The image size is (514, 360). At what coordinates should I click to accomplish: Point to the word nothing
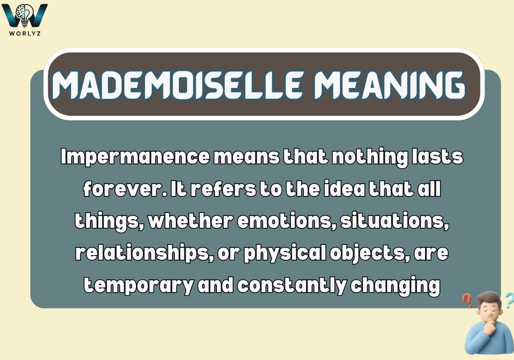pyautogui.click(x=370, y=157)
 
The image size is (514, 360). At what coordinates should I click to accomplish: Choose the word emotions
pyautogui.click(x=277, y=221)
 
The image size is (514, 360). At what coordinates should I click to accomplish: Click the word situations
pyautogui.click(x=392, y=221)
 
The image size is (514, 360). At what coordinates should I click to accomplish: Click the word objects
pyautogui.click(x=372, y=254)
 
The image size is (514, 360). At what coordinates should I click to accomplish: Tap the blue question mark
pyautogui.click(x=509, y=299)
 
